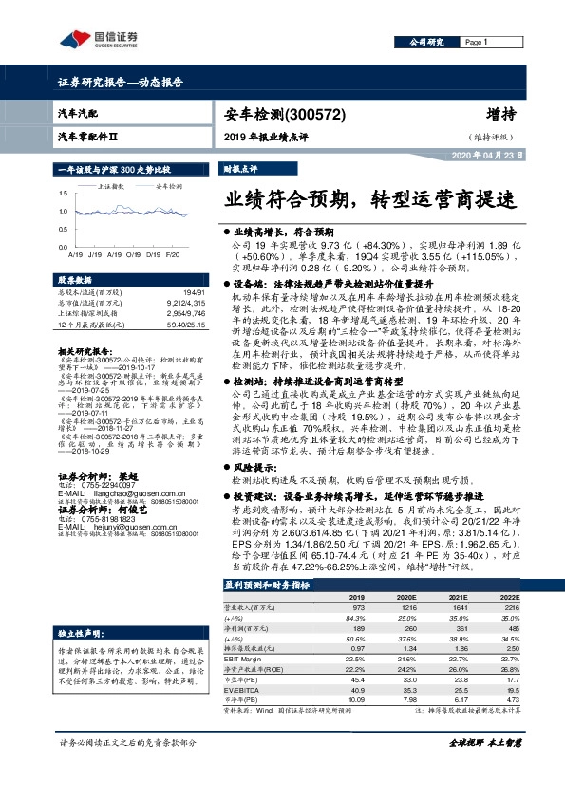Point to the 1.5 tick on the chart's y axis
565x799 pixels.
[63, 195]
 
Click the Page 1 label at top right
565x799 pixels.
[476, 43]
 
